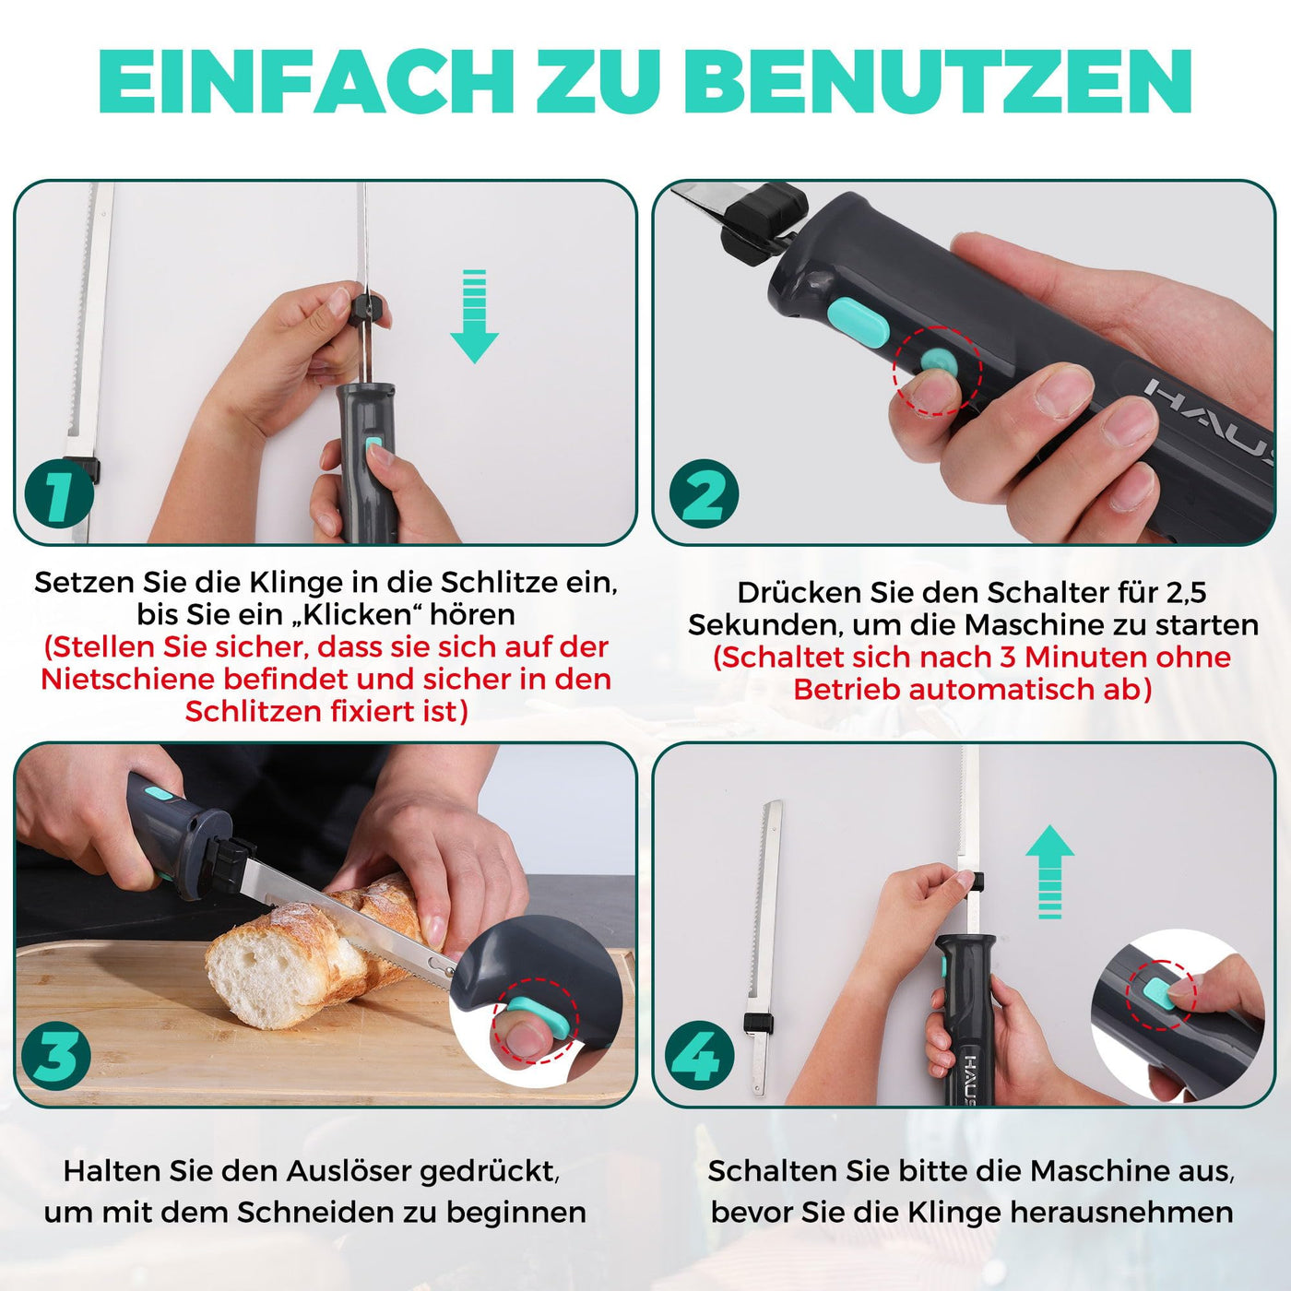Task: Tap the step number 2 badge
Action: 704,494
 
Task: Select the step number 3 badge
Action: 56,1056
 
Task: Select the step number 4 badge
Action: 700,1056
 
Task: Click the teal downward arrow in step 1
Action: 474,316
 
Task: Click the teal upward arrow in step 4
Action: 1050,871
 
